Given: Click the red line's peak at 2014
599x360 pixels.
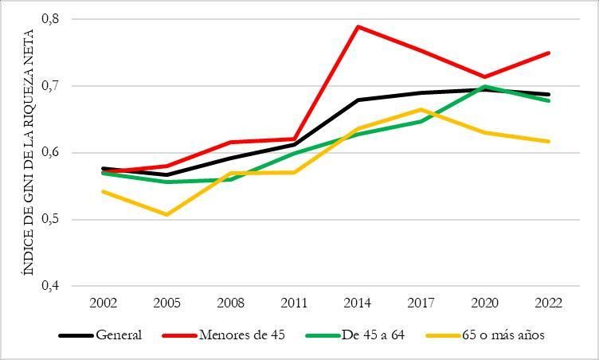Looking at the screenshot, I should (x=358, y=26).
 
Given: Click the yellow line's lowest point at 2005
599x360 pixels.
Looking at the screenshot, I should (x=166, y=214).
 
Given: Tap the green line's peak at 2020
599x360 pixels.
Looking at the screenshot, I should (x=485, y=86).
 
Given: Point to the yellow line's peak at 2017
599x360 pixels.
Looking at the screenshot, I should (x=421, y=109).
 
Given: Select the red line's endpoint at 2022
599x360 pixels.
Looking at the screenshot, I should (x=549, y=53).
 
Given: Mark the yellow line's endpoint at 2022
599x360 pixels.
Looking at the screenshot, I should (x=549, y=141).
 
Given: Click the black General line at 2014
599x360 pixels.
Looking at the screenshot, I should (x=358, y=100).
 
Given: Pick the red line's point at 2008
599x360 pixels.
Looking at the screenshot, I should (x=230, y=142).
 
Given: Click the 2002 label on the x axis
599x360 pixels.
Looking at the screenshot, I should (x=104, y=303).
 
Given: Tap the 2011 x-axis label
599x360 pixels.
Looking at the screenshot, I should (x=294, y=303).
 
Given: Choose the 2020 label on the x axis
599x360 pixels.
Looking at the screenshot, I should (x=485, y=303).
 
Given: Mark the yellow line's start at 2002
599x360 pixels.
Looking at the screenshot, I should (x=104, y=191).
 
